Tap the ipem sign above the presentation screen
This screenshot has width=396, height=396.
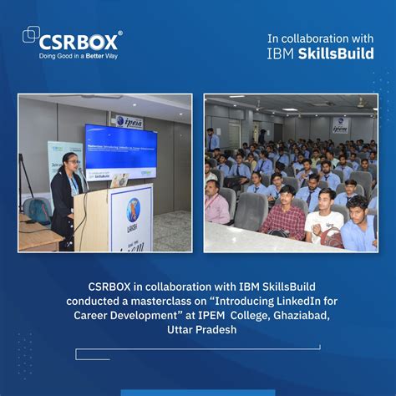tap(129, 121)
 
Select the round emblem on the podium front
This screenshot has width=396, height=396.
tap(133, 209)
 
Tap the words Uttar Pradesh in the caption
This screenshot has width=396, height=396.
tap(201, 330)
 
